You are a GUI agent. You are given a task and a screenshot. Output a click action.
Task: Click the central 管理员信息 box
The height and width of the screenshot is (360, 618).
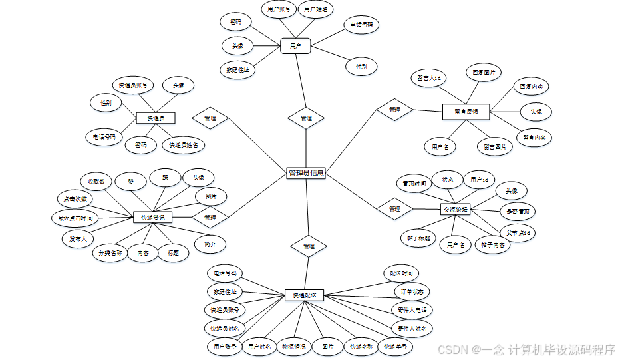pos(306,173)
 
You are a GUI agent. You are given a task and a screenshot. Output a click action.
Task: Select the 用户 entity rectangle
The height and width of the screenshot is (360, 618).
pos(295,46)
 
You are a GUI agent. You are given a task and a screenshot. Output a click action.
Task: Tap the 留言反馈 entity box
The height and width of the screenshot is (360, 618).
pos(465,112)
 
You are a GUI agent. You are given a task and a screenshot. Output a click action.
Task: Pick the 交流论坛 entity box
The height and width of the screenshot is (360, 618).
pos(456,210)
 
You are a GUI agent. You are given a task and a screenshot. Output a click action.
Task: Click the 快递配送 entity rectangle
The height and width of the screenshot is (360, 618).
pos(304,294)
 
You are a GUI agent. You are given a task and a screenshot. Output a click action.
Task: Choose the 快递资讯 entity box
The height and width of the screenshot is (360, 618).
pos(152,218)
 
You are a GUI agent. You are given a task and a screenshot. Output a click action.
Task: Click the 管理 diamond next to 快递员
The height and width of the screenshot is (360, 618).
pos(210,118)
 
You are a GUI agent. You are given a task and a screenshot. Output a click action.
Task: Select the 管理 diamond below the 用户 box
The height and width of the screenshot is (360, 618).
pos(306,118)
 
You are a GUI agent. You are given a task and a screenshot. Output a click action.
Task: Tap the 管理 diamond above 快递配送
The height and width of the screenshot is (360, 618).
pos(309,246)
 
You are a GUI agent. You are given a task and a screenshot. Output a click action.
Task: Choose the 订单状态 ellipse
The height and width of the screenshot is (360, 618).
pos(412,292)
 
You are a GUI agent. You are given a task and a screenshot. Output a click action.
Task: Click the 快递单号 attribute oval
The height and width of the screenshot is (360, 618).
pos(397,346)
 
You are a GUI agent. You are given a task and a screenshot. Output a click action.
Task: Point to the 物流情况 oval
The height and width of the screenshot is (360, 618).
pos(293,346)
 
